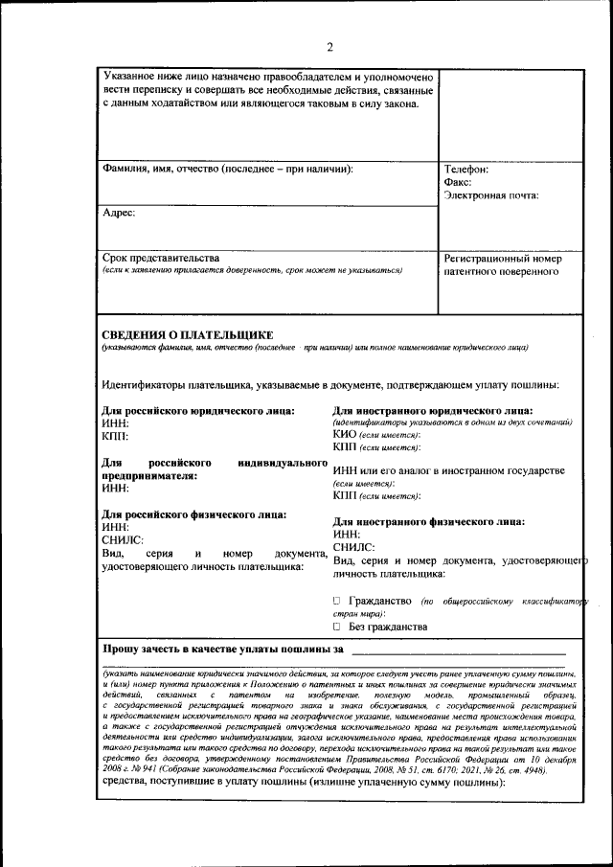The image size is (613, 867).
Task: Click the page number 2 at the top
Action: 329,47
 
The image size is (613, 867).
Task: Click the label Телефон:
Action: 466,170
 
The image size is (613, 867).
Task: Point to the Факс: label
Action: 458,182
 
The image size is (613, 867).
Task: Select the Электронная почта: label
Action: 491,195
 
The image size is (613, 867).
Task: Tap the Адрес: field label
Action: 119,214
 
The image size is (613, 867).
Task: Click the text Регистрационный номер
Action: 503,259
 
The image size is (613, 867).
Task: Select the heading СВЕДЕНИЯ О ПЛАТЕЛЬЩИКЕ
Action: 188,334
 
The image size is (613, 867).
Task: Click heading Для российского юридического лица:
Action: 198,411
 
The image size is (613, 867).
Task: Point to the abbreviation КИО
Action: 345,434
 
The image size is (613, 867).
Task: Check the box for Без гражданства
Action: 337,627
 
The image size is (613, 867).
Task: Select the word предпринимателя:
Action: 149,475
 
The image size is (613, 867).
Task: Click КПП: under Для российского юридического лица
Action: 115,436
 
